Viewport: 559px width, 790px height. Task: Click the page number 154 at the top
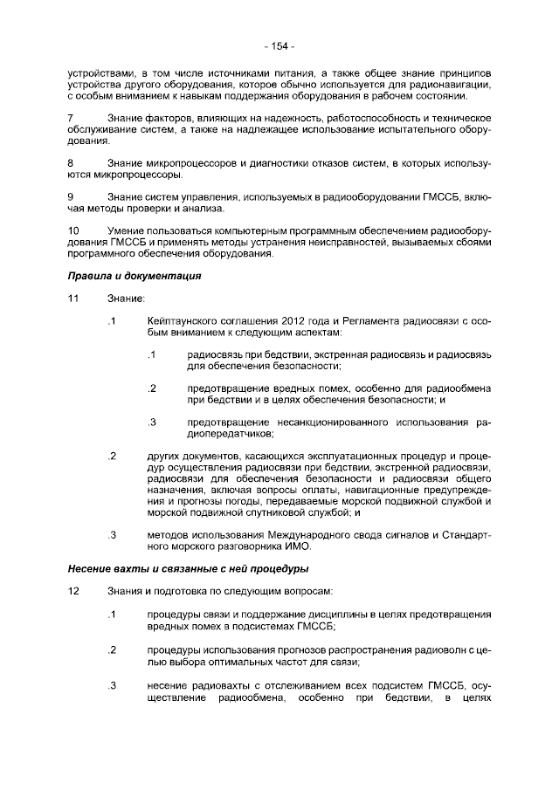pyautogui.click(x=279, y=46)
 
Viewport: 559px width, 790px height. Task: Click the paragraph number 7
pyautogui.click(x=72, y=118)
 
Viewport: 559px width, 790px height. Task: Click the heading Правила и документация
pyautogui.click(x=135, y=277)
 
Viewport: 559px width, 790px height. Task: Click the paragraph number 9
pyautogui.click(x=72, y=197)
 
